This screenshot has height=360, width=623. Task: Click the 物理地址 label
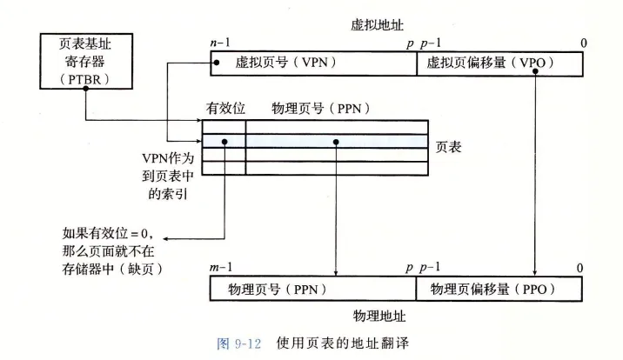coord(379,312)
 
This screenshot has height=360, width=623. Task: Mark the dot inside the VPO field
coord(537,72)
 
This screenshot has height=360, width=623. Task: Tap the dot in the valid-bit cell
coord(225,141)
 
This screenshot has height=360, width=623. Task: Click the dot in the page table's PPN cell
coord(334,141)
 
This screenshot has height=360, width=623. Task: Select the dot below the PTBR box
coord(84,96)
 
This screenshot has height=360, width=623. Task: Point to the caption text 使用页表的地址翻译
coord(342,343)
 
